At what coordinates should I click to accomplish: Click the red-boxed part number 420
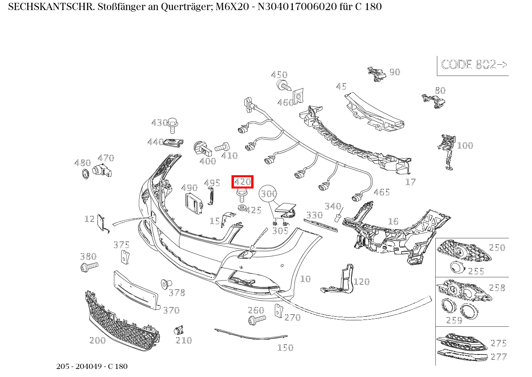(242, 182)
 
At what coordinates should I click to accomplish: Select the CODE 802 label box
(473, 65)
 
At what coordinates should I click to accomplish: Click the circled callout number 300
(268, 194)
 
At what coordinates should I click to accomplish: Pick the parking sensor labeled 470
(102, 170)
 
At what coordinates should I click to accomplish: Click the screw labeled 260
(256, 320)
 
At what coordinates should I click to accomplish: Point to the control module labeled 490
(193, 203)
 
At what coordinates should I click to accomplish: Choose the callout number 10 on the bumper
(305, 279)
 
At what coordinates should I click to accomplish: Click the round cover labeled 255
(456, 267)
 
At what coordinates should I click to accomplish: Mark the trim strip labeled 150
(251, 334)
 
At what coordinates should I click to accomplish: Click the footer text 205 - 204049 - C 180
(92, 366)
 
